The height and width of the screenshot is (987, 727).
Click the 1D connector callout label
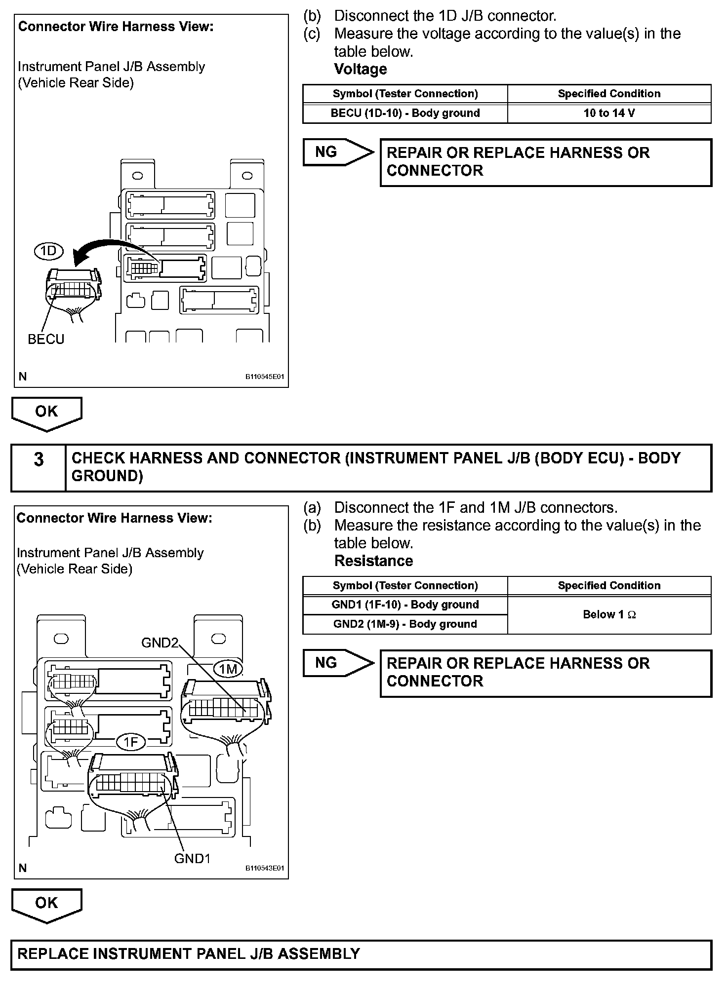[x=48, y=252]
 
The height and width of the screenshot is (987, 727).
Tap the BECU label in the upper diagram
[x=46, y=340]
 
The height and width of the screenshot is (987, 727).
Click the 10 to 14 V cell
[x=609, y=113]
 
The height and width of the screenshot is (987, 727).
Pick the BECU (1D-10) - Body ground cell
[x=405, y=113]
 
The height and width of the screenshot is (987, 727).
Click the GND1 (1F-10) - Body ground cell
[x=405, y=605]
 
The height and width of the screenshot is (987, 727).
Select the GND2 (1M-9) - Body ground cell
[x=405, y=624]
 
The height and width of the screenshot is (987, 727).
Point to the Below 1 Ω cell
[x=609, y=614]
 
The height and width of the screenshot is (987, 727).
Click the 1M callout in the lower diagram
[x=228, y=669]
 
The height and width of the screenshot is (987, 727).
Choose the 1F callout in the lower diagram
[x=130, y=742]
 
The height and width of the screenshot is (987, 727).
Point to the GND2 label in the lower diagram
[x=159, y=643]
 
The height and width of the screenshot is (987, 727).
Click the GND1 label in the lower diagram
[x=193, y=859]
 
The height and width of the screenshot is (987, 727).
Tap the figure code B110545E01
[x=265, y=377]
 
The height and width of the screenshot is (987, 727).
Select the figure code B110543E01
[x=265, y=869]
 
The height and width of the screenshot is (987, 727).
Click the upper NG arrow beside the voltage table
[x=337, y=152]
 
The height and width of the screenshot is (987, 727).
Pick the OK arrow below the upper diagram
[x=46, y=413]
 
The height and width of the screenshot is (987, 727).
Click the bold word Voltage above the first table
[x=361, y=69]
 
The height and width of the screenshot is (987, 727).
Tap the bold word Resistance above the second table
[x=373, y=561]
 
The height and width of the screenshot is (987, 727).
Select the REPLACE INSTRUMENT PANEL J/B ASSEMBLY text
[x=189, y=953]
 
